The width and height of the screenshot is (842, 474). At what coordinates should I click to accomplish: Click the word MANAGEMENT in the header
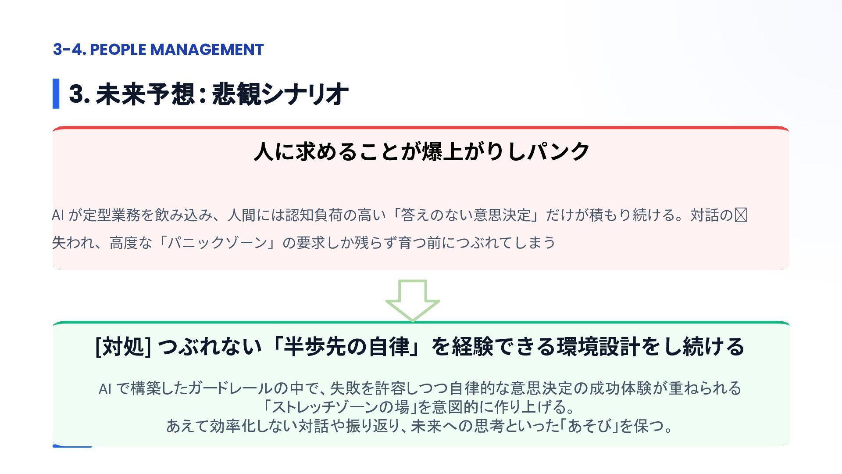[207, 50]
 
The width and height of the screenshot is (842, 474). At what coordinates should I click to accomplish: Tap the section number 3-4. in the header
[69, 50]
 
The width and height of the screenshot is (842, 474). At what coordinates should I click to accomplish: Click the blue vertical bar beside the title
[56, 93]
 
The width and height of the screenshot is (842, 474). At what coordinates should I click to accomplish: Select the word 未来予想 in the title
[145, 94]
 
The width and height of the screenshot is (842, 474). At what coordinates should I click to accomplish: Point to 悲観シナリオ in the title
[280, 94]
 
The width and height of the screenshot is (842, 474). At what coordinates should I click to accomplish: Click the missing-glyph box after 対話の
[741, 215]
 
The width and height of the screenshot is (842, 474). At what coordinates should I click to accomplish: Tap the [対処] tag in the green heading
[123, 347]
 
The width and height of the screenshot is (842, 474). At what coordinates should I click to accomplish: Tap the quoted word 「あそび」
[590, 426]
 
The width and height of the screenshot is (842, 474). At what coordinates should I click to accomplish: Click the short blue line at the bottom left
[72, 446]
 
